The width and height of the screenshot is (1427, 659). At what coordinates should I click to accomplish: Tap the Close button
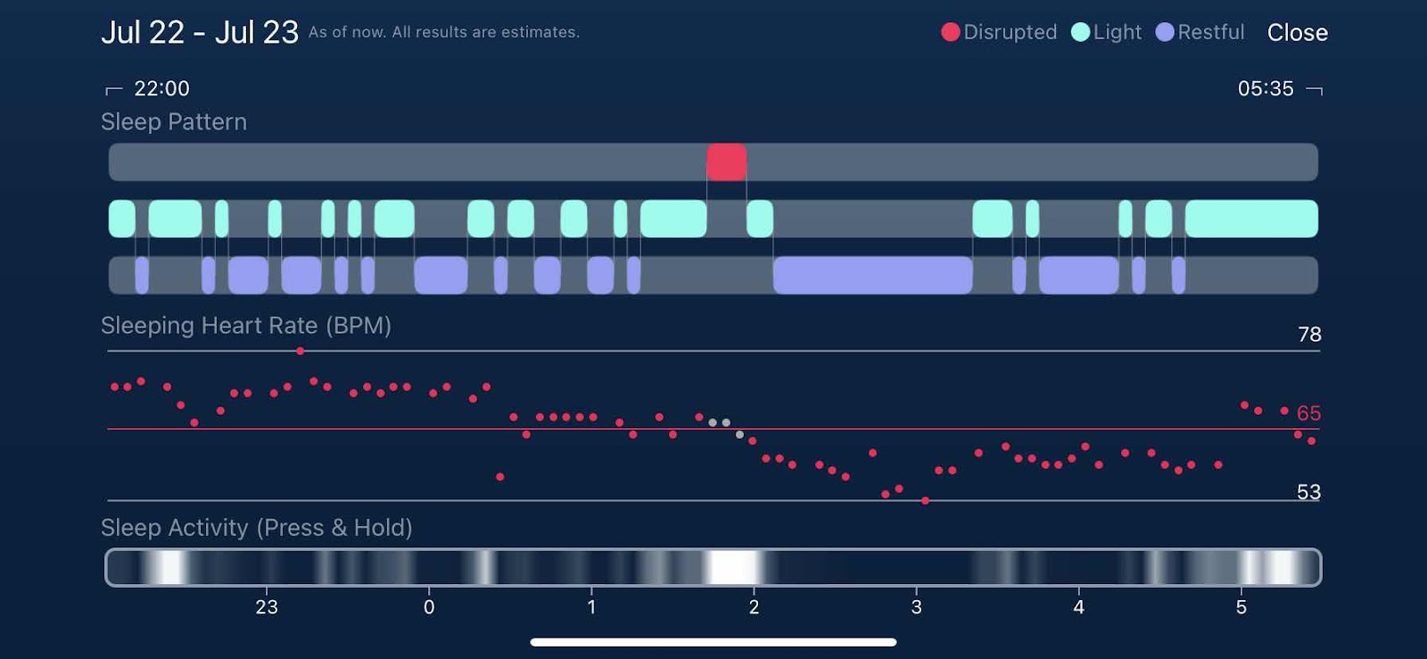tap(1297, 33)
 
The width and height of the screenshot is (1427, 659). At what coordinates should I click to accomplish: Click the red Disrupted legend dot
tap(951, 32)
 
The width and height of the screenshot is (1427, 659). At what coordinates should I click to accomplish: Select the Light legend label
tap(1117, 32)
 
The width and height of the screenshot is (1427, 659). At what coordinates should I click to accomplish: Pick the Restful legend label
tap(1210, 32)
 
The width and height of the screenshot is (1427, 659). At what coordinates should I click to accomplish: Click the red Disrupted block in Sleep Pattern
tap(727, 162)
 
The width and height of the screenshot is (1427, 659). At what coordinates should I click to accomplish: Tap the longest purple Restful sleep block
tap(872, 275)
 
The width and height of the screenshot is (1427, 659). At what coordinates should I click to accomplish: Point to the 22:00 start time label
tap(161, 88)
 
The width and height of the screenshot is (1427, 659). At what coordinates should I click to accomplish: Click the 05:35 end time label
tap(1265, 88)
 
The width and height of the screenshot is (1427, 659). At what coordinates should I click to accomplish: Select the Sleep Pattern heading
tap(174, 122)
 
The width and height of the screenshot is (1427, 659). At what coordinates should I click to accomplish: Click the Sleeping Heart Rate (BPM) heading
tap(246, 325)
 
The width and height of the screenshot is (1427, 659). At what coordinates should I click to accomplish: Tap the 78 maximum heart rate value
tap(1309, 334)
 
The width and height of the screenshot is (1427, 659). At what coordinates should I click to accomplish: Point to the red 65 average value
tap(1308, 413)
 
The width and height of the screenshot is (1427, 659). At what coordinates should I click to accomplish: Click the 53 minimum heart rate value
tap(1308, 491)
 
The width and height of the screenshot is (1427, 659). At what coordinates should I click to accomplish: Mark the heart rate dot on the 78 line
tap(301, 351)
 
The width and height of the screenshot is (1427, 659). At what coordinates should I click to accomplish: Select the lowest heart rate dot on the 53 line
tap(925, 500)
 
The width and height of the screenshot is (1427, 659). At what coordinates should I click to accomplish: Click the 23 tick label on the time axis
tap(267, 607)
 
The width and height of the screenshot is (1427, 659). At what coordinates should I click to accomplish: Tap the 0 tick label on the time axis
tap(429, 607)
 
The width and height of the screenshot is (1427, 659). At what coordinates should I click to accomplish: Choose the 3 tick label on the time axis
tap(916, 607)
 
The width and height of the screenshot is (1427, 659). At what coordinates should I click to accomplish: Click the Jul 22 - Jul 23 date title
tap(200, 33)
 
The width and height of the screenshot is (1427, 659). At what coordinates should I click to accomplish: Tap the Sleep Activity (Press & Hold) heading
tap(257, 528)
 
